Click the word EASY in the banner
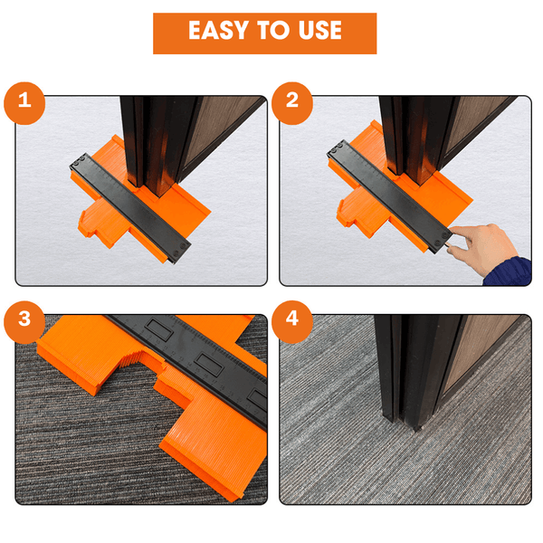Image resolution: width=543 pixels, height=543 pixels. click(x=219, y=30)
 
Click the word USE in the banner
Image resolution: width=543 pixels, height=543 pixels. click(x=320, y=30)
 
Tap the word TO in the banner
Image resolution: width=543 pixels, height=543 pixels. click(x=273, y=30)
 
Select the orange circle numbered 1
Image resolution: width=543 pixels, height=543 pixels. click(x=24, y=103)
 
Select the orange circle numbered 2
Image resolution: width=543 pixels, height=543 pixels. click(x=292, y=103)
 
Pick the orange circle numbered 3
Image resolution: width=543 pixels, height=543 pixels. click(x=24, y=321)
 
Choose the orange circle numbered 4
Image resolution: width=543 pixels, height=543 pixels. click(x=292, y=321)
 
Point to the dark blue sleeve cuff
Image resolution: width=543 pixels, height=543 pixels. click(x=509, y=271)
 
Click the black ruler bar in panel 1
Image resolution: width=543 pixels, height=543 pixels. click(x=129, y=208)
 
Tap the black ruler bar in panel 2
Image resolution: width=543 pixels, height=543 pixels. click(x=389, y=195)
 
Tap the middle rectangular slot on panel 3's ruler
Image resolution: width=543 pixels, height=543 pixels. click(x=208, y=365)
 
